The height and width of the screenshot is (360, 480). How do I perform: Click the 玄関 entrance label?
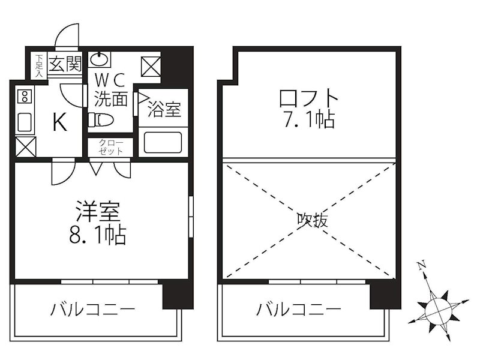point(65,64)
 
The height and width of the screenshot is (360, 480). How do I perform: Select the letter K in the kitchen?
point(59,123)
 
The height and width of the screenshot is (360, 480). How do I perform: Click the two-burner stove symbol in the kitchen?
point(24,96)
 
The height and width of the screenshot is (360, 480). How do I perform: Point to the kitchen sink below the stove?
point(24,122)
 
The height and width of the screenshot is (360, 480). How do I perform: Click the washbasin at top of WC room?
point(100,59)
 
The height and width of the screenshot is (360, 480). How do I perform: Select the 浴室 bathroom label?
point(164,110)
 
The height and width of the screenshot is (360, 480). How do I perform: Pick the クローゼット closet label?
point(112,148)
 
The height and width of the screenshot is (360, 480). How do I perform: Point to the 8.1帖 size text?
point(98,235)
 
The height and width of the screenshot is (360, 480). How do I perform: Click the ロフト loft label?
point(310,97)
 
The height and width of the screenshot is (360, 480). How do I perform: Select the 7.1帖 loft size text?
point(310,119)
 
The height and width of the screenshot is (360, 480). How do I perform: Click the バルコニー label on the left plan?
point(92,310)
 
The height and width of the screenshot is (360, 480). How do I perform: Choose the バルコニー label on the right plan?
point(299,310)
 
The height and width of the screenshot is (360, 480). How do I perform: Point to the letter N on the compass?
point(422,264)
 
